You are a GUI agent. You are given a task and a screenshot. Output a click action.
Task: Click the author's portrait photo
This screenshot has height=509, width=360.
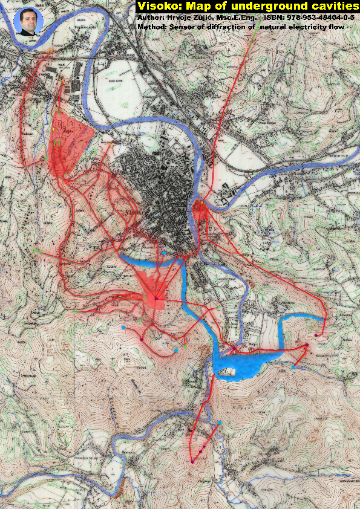tap(28, 22)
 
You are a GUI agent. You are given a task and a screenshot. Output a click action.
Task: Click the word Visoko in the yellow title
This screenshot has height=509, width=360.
tap(156, 6)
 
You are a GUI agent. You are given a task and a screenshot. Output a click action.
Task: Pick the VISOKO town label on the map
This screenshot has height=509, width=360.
tap(133, 213)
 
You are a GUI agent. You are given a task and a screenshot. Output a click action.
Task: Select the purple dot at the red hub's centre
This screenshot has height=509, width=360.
tap(156, 298)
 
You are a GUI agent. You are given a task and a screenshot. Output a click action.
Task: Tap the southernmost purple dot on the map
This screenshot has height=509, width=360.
tap(192, 462)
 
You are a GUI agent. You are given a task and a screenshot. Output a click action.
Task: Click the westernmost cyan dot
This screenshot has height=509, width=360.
tap(123, 327)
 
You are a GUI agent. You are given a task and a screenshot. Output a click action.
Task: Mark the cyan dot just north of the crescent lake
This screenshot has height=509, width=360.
tap(164, 252)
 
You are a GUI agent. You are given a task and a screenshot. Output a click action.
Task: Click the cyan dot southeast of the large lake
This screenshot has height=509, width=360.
tap(293, 366)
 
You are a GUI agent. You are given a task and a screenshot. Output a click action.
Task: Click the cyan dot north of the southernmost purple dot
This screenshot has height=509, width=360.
tap(220, 423)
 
